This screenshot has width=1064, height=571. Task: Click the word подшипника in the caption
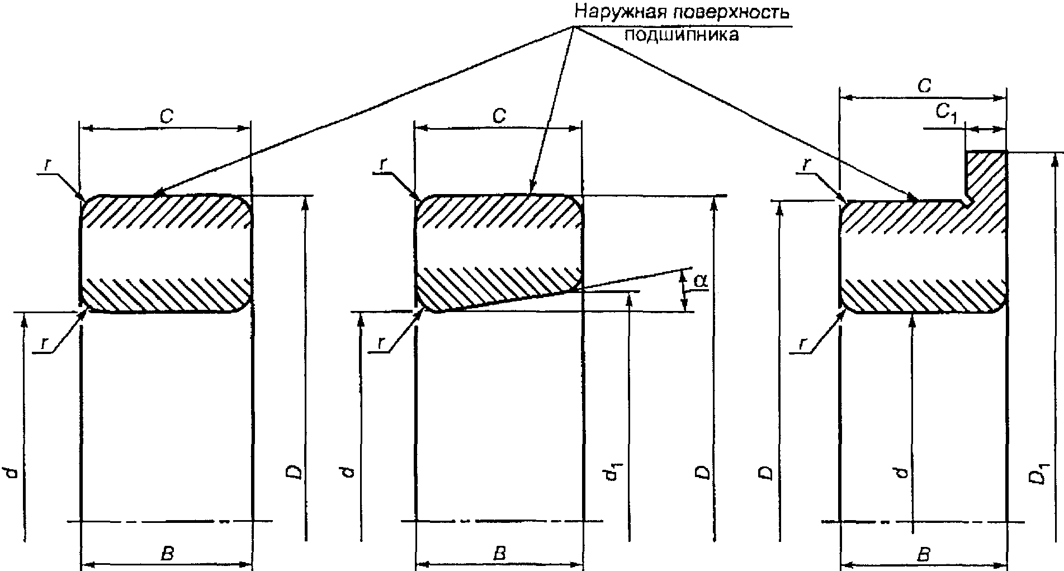[x=681, y=35]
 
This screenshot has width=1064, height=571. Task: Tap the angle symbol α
[x=701, y=281]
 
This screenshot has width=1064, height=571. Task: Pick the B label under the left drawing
[x=167, y=554]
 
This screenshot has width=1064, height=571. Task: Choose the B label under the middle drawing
[x=500, y=554]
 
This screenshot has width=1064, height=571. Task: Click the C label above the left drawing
[x=166, y=117]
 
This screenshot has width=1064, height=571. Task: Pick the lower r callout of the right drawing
[x=803, y=344]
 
